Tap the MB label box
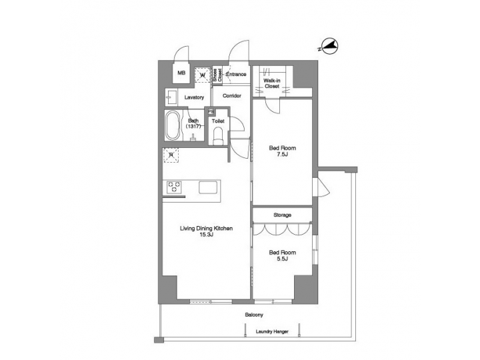tap(181, 74)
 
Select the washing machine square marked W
tap(203, 75)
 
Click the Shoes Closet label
tap(217, 75)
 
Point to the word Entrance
tap(236, 74)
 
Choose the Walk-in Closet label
tap(271, 83)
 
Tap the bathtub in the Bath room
tap(173, 125)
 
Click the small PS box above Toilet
tap(211, 112)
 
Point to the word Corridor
tap(231, 96)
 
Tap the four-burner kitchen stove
tap(175, 187)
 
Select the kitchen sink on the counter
tap(208, 187)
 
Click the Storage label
tap(281, 215)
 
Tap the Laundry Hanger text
tap(272, 331)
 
